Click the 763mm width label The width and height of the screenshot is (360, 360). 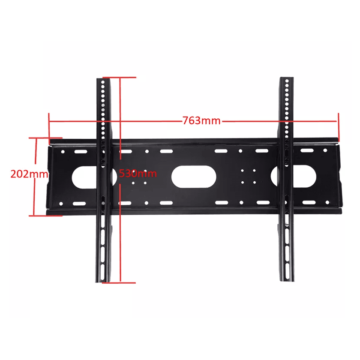coord(201,120)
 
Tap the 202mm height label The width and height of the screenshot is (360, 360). coord(29,174)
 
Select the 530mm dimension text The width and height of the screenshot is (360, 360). coord(138,173)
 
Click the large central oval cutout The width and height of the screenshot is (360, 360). coord(194,177)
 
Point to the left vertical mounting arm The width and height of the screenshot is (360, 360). coord(103,180)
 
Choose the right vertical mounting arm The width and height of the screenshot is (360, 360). coord(287,179)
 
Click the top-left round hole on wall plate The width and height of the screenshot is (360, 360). coord(63,152)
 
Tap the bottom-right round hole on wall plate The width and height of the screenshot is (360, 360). coord(327,202)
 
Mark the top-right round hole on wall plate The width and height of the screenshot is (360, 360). coord(325,150)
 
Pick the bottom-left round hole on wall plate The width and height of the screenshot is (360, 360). coord(61,204)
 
